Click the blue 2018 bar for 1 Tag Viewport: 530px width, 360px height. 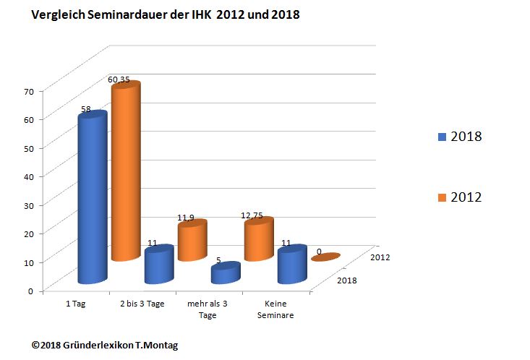click(x=92, y=199)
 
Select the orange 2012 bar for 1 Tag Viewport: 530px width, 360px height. click(x=124, y=173)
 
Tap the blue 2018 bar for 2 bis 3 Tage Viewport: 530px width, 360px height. click(x=158, y=265)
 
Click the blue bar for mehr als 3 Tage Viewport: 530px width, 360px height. click(x=225, y=273)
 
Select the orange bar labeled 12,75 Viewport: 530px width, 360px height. click(x=258, y=240)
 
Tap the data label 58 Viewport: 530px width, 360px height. click(x=85, y=110)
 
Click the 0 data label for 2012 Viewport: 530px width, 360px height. click(x=319, y=252)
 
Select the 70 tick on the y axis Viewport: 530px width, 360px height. click(x=29, y=92)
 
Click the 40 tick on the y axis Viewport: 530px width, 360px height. click(x=29, y=176)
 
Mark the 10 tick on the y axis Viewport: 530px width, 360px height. click(x=29, y=262)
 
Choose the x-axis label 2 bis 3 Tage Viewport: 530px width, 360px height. click(x=142, y=304)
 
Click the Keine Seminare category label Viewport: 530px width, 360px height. click(x=275, y=309)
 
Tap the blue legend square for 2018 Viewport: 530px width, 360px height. click(x=442, y=137)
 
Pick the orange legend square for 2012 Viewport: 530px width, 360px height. click(x=442, y=197)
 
